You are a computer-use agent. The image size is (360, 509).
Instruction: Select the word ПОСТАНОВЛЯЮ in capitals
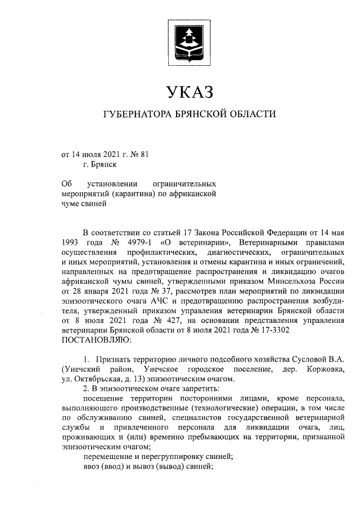pyautogui.click(x=96, y=340)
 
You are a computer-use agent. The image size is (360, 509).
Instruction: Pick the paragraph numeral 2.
pyautogui.click(x=84, y=388)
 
